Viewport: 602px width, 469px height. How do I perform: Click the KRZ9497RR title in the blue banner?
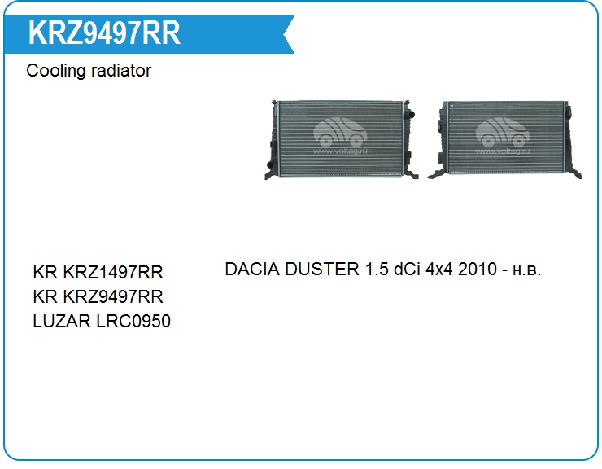104,33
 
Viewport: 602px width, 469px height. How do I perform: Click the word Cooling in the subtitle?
55,71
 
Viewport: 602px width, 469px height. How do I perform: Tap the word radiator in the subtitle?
121,71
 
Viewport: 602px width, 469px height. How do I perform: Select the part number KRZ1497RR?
113,272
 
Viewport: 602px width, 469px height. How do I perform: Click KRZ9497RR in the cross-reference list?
113,296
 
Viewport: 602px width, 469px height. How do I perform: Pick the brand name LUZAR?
62,322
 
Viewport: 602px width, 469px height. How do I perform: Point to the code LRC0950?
133,322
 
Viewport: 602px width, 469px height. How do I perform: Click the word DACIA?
252,269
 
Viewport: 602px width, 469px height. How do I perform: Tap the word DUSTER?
322,269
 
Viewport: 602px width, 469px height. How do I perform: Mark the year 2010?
478,269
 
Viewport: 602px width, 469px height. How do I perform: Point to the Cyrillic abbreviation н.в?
527,271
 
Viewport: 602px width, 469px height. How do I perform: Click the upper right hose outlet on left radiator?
410,114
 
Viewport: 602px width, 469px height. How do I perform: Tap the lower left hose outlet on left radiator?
270,165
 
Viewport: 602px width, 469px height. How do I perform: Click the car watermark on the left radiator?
340,136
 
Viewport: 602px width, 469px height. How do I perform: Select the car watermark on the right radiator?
503,136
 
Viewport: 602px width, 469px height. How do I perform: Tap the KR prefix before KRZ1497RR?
46,272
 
